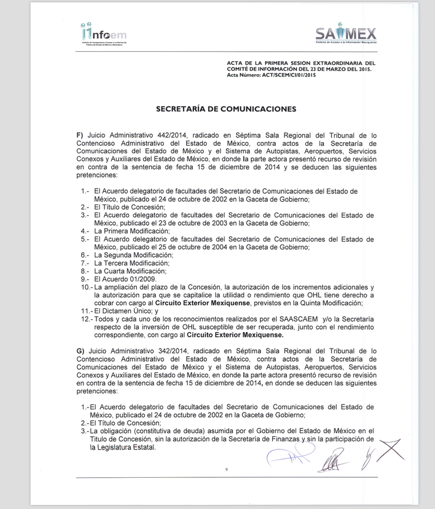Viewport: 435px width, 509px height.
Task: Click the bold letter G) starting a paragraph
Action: (81, 350)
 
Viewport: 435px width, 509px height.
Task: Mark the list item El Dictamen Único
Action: (124, 311)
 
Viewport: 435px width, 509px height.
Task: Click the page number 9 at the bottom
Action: (226, 469)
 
